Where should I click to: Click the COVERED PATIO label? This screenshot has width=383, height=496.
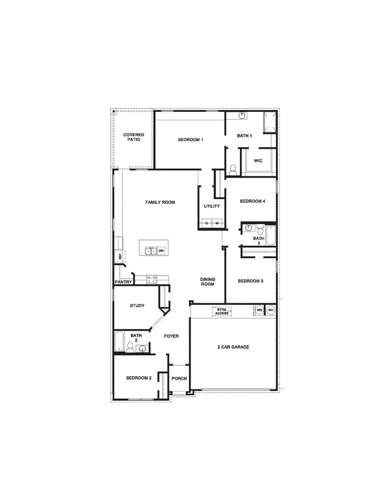click(x=134, y=137)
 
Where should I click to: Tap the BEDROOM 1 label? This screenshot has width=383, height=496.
click(x=190, y=139)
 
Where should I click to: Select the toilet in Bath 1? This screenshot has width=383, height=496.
click(x=232, y=170)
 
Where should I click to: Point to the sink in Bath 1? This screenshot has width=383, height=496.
click(x=242, y=115)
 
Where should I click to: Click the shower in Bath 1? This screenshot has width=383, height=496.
click(x=270, y=122)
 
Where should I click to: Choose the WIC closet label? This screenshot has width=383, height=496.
click(x=258, y=160)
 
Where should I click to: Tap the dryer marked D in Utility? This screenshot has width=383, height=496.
click(x=206, y=223)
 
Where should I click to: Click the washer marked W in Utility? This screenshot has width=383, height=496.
click(x=217, y=223)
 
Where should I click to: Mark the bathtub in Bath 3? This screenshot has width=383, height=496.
click(x=270, y=235)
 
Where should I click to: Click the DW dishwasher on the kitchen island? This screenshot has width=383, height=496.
click(x=161, y=250)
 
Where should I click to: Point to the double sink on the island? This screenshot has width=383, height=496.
click(x=150, y=249)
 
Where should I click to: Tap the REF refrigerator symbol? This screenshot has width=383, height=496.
click(x=120, y=257)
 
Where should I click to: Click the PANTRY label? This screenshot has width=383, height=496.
click(x=123, y=282)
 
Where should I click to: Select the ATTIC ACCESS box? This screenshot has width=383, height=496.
click(x=222, y=311)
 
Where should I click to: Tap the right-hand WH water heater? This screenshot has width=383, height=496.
click(x=270, y=310)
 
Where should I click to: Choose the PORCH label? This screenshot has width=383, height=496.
click(x=179, y=378)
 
